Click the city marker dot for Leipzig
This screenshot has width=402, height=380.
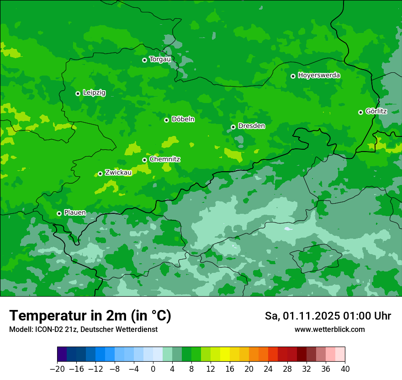pos(78,93)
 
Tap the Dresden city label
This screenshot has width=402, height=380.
pos(251,126)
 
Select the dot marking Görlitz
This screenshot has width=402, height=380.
pos(360,112)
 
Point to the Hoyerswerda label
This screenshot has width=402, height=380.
pos(319,75)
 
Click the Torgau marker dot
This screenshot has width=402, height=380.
pos(144,60)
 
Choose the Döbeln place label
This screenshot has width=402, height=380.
pos(183,119)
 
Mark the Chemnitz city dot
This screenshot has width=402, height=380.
pos(144,160)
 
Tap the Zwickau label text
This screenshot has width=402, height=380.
pos(118,173)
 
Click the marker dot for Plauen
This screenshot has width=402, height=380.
pos(59,213)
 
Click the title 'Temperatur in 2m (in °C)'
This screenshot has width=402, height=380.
pos(90,315)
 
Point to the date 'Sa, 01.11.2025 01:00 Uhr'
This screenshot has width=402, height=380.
pos(328,316)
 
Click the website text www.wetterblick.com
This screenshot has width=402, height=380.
pos(329,329)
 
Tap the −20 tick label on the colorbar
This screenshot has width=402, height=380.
pos(57,369)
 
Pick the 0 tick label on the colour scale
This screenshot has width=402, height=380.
pos(153,369)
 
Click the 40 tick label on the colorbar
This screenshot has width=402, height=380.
pos(345,369)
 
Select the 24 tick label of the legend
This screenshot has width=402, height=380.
pos(268,369)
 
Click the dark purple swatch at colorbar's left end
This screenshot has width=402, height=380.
pos(62,354)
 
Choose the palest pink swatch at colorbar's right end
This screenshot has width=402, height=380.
pos(340,354)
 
